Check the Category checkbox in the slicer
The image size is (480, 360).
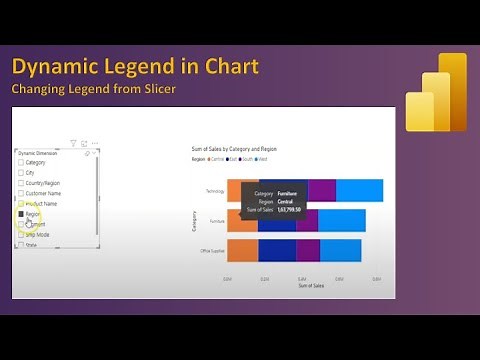(x=20, y=162)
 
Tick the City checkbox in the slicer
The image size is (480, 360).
(x=20, y=174)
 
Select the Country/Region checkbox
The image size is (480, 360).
(x=20, y=185)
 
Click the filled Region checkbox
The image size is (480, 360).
(x=20, y=214)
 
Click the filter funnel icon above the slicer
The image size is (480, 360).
(x=73, y=144)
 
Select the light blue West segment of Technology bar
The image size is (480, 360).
(x=360, y=190)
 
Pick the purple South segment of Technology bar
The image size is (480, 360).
(x=322, y=190)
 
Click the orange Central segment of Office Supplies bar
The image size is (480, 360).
(x=242, y=250)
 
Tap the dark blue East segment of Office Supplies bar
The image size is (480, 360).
(x=277, y=250)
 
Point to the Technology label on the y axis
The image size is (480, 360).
(x=211, y=190)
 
